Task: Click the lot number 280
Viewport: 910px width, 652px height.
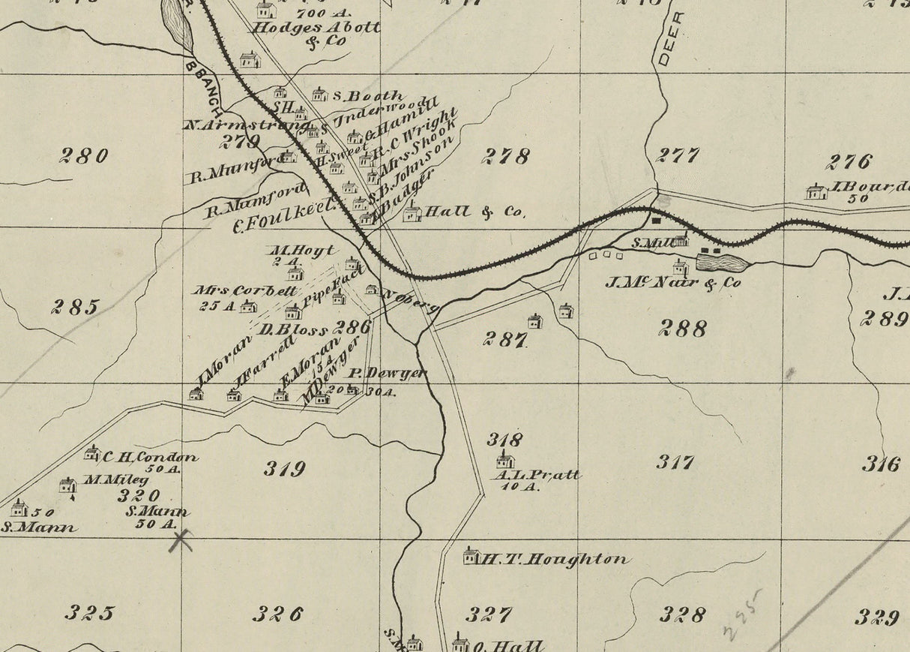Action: click(84, 155)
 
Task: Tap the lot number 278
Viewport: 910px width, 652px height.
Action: click(506, 156)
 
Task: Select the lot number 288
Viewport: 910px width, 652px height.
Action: click(683, 327)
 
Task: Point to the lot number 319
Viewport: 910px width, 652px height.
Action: click(285, 469)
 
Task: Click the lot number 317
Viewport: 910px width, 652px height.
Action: click(675, 461)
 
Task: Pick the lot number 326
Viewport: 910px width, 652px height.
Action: click(277, 614)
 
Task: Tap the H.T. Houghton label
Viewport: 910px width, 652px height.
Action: click(554, 559)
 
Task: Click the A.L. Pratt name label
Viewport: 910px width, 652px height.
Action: click(536, 475)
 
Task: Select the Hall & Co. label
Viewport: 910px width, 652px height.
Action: click(474, 212)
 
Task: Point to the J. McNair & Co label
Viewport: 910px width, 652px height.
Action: click(672, 283)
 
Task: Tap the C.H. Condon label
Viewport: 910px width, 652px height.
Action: click(150, 456)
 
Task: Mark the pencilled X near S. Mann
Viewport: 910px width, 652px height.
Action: click(180, 539)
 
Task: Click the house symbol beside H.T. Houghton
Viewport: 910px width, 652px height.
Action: click(471, 556)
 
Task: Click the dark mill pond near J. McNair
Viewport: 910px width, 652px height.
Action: click(722, 263)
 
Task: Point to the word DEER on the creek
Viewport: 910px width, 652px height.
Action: click(669, 38)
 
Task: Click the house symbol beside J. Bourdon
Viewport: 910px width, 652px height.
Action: click(816, 192)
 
